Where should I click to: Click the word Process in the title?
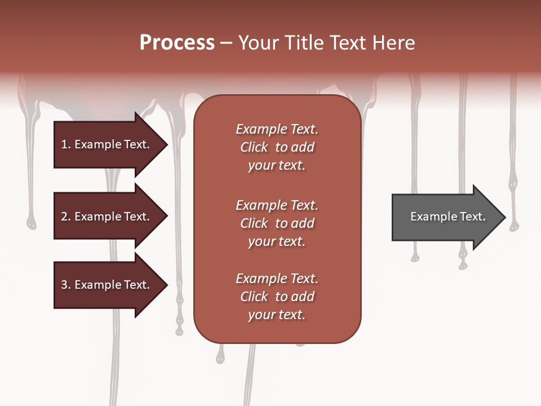point(177,43)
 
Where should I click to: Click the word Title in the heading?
point(301,43)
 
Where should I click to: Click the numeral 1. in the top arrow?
point(66,144)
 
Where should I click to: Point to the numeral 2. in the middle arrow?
point(66,217)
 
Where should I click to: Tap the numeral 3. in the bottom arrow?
point(66,285)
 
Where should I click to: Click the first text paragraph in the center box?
point(277,147)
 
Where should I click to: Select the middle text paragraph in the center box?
point(277,223)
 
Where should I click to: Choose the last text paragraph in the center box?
point(277,297)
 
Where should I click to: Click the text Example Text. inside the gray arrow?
point(448,217)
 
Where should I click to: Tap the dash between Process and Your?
point(227,43)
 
